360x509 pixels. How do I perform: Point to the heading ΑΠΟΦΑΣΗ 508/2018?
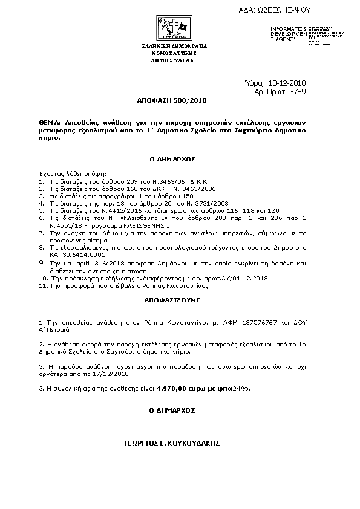180,100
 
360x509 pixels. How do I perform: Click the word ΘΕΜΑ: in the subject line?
48,122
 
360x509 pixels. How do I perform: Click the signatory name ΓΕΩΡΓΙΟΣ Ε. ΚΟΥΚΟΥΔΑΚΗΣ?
176,443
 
